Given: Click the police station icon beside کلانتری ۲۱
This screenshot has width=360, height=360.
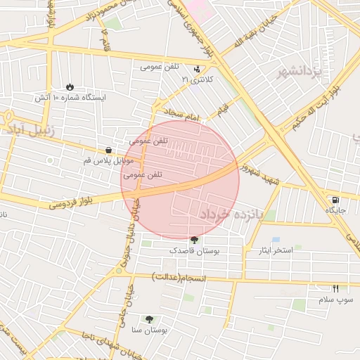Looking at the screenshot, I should pos(196,70).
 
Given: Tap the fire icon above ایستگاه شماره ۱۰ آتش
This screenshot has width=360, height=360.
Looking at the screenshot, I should pos(70,86).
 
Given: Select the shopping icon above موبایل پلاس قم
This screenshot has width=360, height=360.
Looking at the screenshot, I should pos(108,149).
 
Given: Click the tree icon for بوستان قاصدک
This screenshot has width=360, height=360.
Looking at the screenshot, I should pos(195,240).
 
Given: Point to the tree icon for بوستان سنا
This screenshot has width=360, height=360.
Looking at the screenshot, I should pos(148,319).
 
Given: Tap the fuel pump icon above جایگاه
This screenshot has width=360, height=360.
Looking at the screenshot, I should pos(335,199).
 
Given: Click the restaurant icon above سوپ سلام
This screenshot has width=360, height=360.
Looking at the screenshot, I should pos(335,288).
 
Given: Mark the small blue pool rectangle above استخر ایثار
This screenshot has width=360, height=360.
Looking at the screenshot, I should pos(276,240).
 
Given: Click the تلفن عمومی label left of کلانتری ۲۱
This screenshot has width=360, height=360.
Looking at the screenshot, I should pos(160,67).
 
